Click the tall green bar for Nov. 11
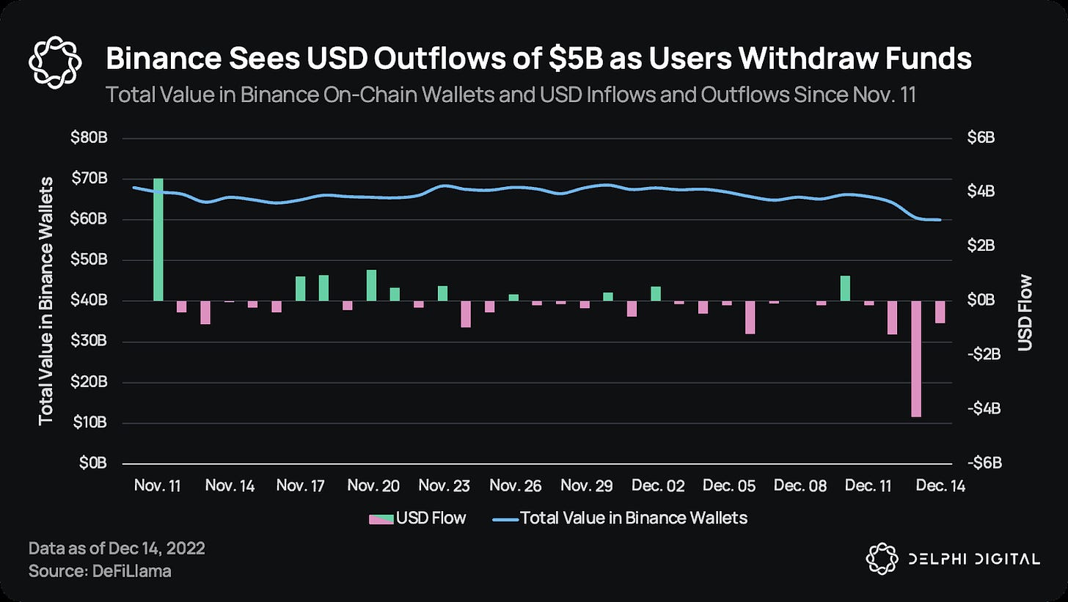pos(158,239)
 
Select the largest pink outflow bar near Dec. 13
pos(916,359)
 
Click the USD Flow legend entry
pos(417,518)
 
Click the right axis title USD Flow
pos(1025,312)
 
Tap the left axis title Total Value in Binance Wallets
pos(47,301)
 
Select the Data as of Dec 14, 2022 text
pos(116,549)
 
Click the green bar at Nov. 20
pos(371,285)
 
